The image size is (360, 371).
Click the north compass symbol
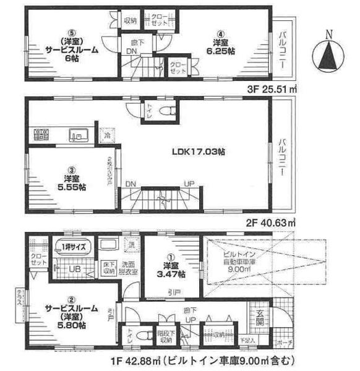[328, 51]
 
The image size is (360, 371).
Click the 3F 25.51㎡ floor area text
[272, 89]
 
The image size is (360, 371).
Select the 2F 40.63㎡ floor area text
[272, 221]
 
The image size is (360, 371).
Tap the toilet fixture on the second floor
[164, 111]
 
